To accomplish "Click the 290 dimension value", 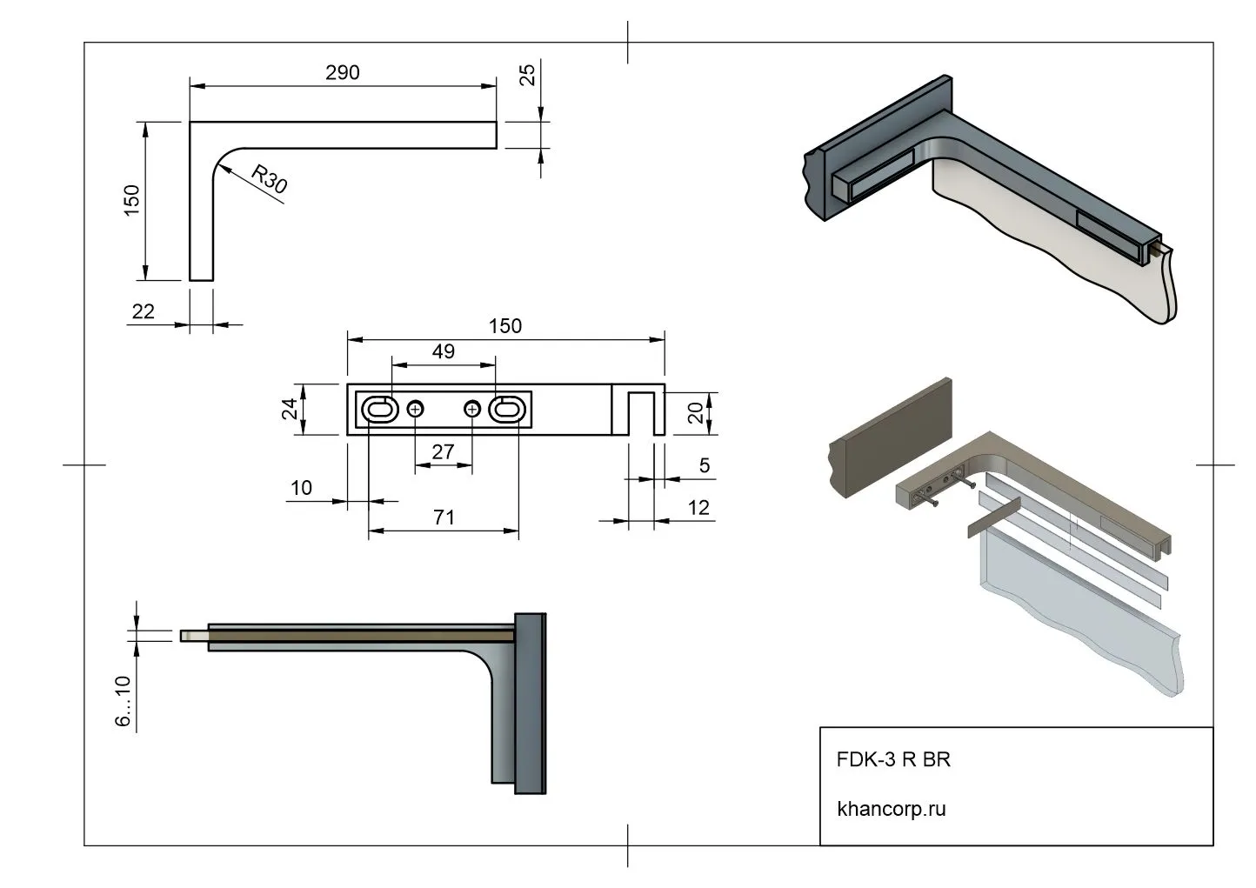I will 342,73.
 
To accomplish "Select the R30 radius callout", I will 269,179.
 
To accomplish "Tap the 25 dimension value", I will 527,75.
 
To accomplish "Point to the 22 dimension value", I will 143,311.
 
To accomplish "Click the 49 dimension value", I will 443,351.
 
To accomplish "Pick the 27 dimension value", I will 443,452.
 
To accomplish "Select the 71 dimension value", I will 444,517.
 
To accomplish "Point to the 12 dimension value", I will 698,508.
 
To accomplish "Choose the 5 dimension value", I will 704,465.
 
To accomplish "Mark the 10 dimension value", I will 301,488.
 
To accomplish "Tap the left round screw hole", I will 415,409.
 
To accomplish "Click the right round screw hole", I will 472,409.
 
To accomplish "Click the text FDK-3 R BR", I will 893,759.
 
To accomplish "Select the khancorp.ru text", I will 891,809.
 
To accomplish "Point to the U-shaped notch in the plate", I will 640,413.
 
